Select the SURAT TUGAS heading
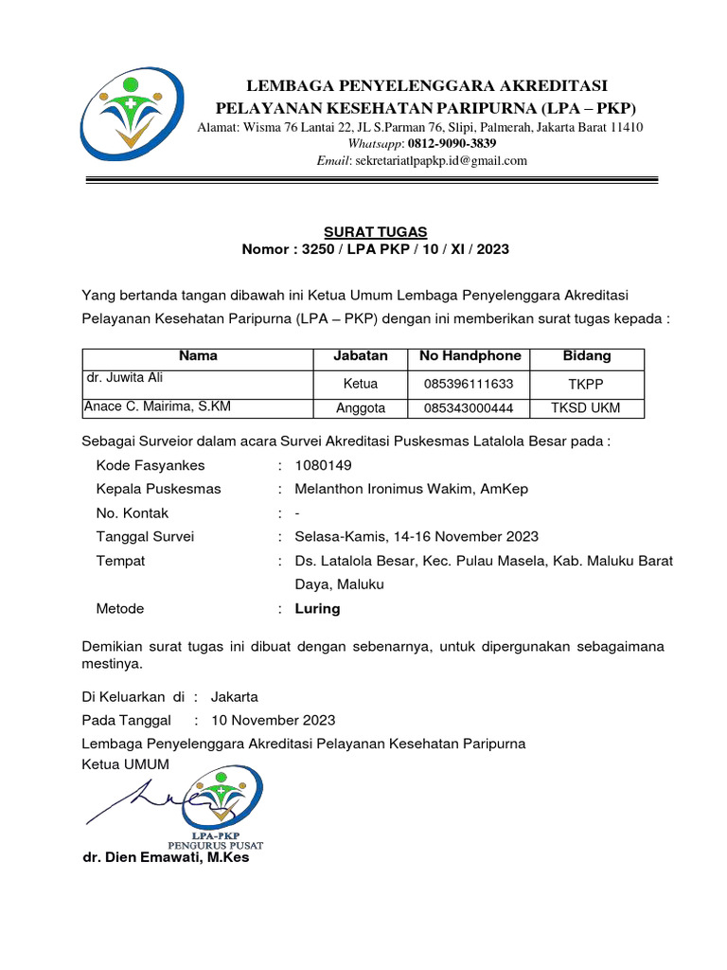coord(376,232)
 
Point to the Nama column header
coord(198,356)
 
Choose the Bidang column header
coord(587,356)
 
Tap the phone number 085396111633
coord(469,384)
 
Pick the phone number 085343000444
coord(469,408)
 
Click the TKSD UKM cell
coord(587,408)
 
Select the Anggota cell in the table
coord(361,408)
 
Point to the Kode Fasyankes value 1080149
coord(324,465)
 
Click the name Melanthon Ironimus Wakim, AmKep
coord(412,489)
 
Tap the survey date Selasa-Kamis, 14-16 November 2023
coord(417,536)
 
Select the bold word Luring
coord(318,608)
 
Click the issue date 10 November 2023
coord(273,720)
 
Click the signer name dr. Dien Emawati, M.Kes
coord(167,858)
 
